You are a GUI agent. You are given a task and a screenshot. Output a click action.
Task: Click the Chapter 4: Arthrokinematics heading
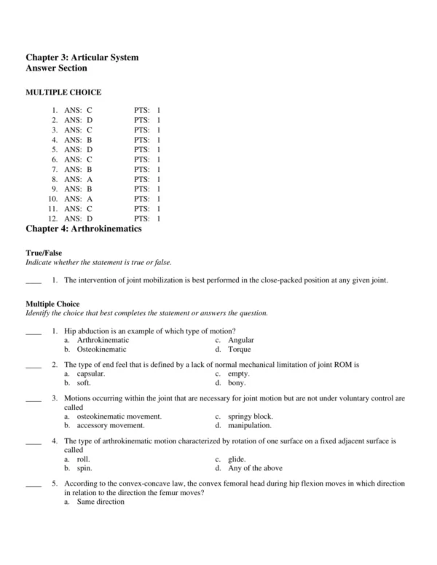[83, 229]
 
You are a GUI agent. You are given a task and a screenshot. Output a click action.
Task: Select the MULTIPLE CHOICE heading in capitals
[63, 92]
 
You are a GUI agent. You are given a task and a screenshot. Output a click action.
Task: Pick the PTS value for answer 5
[158, 149]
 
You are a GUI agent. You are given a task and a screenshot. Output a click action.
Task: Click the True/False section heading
[44, 253]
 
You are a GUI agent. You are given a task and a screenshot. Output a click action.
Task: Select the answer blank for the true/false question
[34, 280]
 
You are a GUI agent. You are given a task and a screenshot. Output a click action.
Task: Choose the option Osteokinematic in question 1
[103, 349]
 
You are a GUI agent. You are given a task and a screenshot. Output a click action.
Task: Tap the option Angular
[240, 340]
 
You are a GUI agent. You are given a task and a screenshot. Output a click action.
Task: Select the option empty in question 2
[239, 374]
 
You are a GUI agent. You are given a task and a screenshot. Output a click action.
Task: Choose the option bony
[237, 383]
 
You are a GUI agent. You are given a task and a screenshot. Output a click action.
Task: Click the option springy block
[251, 416]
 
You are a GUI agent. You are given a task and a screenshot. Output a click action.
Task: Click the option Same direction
[101, 502]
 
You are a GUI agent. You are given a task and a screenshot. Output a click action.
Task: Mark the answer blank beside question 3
[34, 399]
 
